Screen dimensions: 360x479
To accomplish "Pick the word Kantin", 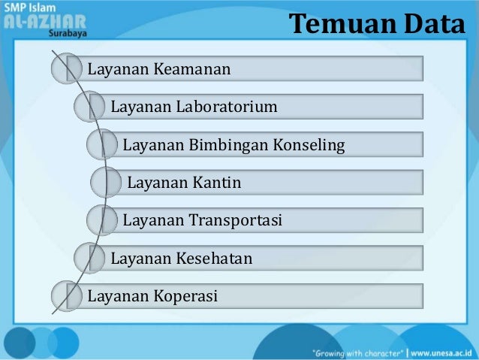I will tap(214, 182).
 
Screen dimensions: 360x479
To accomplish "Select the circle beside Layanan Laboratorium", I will tap(89, 106).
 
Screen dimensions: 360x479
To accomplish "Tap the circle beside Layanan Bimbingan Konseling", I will tap(101, 144).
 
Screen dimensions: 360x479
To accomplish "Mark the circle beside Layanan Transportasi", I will tap(101, 220).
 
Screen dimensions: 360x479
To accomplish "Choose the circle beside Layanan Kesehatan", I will tap(89, 259).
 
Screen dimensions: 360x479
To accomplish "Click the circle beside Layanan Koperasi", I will tap(66, 296).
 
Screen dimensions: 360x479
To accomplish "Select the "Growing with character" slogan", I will tap(359, 352).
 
